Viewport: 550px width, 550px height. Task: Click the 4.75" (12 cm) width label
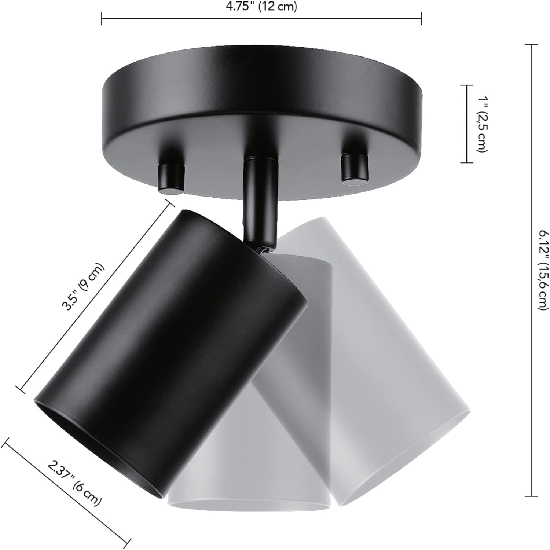pos(261,7)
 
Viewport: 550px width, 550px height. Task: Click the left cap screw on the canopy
pos(170,177)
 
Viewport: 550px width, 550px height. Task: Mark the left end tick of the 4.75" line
pos(102,19)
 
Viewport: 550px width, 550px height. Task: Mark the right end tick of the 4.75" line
pos(422,19)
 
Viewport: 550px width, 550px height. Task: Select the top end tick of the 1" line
pos(466,85)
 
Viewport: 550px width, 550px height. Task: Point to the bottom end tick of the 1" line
pos(466,162)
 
